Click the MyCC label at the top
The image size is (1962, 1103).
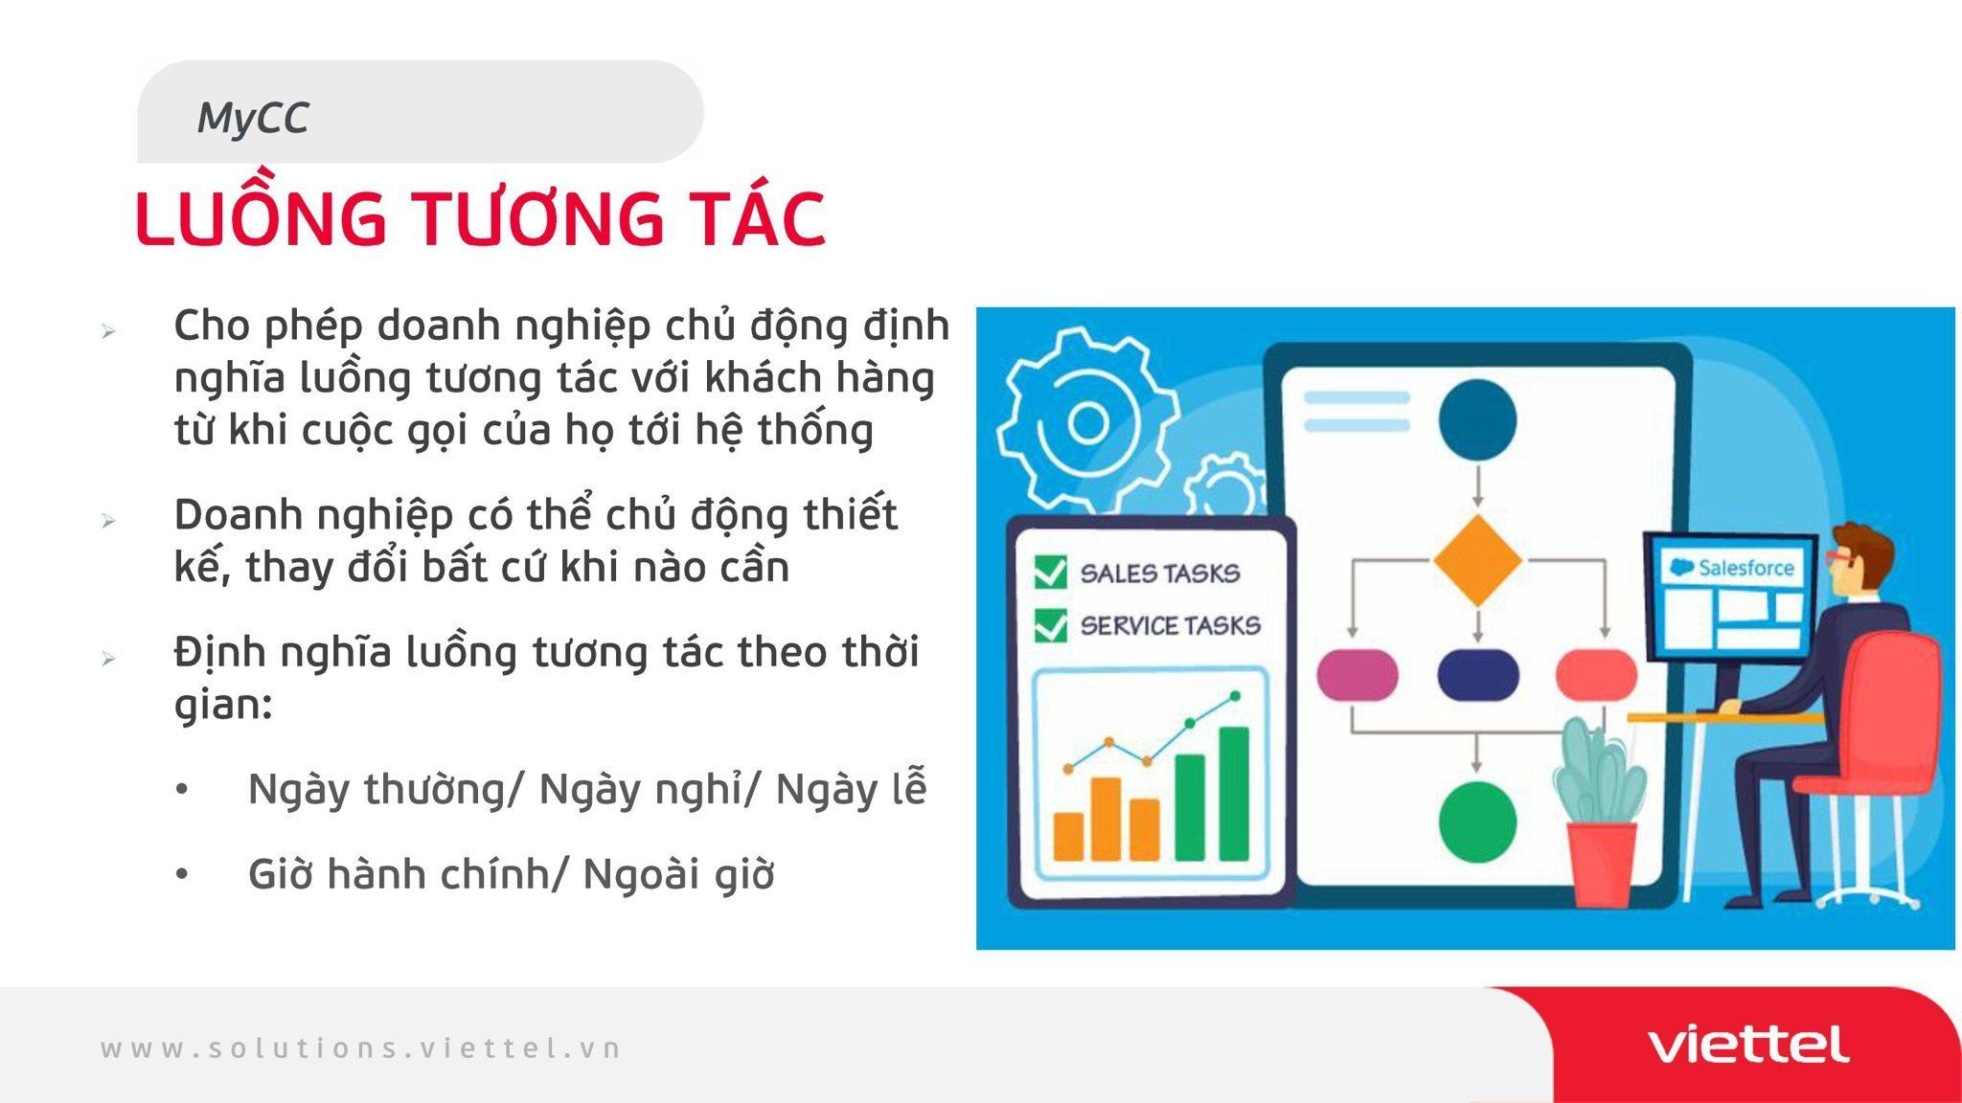tap(253, 118)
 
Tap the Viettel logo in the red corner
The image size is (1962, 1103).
tap(1748, 1045)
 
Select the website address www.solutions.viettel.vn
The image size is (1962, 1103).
tap(361, 1048)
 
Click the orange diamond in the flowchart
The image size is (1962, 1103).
tap(1477, 560)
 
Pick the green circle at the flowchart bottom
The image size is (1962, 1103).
tap(1477, 821)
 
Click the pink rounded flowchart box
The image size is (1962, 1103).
tap(1357, 675)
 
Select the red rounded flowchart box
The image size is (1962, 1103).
tap(1596, 674)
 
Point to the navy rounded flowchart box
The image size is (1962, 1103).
tap(1478, 675)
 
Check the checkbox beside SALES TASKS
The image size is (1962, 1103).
tap(1051, 572)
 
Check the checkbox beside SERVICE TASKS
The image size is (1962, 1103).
tap(1051, 624)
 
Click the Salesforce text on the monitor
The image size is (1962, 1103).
tap(1745, 568)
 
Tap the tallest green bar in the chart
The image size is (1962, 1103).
tap(1234, 794)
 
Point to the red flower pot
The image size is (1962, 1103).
tap(1601, 865)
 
